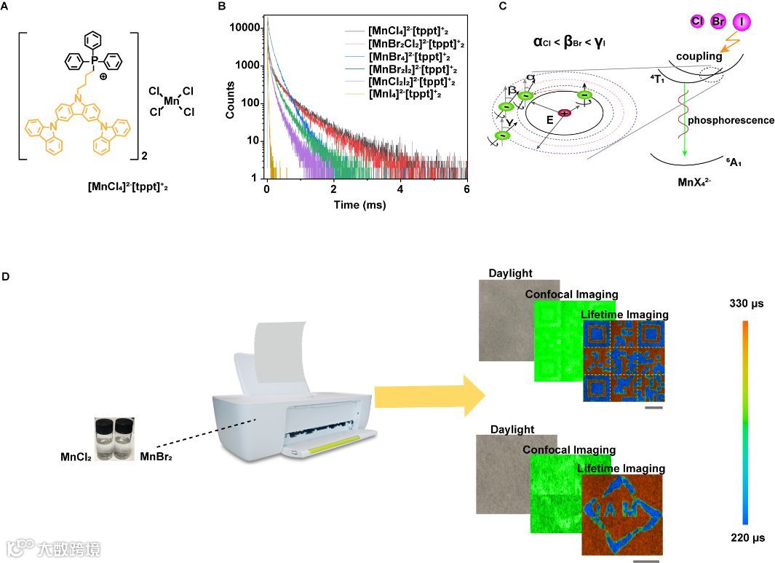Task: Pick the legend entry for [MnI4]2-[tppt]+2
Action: pyautogui.click(x=405, y=95)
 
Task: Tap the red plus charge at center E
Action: pyautogui.click(x=564, y=114)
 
